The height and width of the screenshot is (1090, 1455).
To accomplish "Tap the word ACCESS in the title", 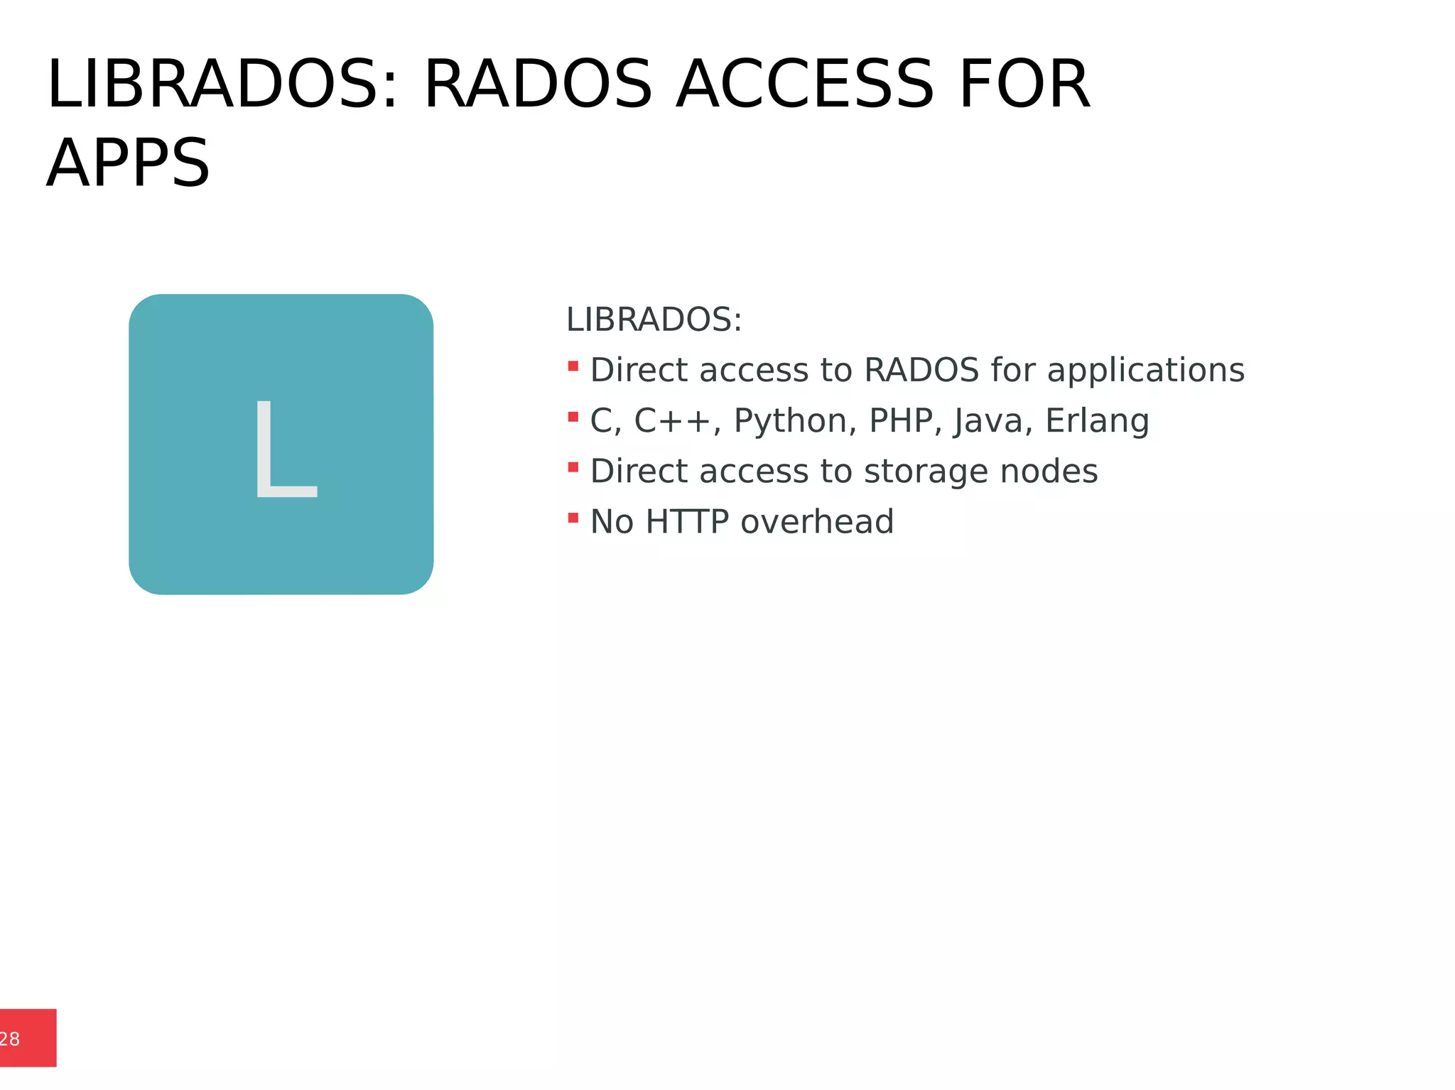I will click(804, 85).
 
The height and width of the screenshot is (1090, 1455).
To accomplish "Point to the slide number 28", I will click(10, 1039).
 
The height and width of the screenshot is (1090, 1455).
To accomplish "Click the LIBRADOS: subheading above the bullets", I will click(654, 320).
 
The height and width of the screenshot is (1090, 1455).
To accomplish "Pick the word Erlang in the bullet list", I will click(1097, 421).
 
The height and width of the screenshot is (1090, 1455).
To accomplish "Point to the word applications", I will click(1145, 371).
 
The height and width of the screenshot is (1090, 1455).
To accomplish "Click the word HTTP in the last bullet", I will click(687, 522).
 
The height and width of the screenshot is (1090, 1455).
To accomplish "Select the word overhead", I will click(817, 522).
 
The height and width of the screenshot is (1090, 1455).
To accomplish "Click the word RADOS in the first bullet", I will click(921, 370).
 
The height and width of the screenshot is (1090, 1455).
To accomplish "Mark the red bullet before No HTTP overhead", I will click(573, 518).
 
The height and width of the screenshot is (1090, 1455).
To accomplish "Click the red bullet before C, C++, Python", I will click(573, 417).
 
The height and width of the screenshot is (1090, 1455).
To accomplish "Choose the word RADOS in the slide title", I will click(537, 85).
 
